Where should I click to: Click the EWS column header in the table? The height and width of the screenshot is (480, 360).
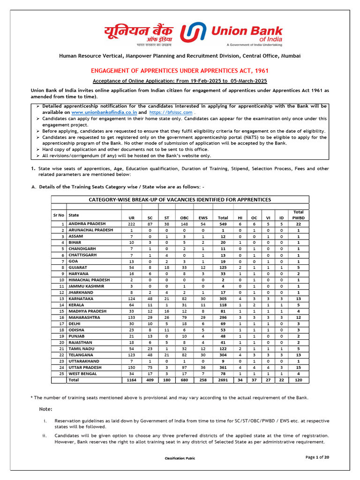(203, 218)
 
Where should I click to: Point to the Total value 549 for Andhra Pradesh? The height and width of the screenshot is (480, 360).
(223, 224)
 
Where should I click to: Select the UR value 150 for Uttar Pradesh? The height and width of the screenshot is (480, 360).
(131, 367)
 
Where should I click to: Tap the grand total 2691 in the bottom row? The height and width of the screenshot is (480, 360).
(223, 381)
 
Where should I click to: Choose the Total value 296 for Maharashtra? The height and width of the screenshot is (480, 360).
(223, 317)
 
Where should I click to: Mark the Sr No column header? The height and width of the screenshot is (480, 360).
(58, 215)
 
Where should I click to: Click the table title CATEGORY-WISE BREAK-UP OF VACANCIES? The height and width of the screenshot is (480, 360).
(180, 200)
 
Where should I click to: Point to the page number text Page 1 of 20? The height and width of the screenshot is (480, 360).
(317, 457)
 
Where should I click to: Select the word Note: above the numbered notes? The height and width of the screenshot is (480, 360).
(46, 409)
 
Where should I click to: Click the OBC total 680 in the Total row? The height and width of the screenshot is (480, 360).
(184, 381)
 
